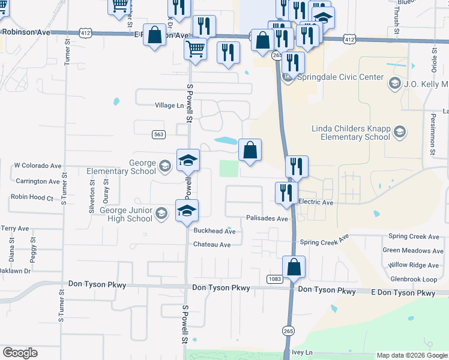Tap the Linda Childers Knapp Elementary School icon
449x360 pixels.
click(400, 132)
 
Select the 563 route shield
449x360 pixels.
click(158, 134)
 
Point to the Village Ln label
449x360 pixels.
click(169, 106)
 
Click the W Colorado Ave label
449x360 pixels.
click(38, 166)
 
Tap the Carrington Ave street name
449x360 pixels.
click(38, 181)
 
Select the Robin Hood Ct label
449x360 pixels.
click(32, 197)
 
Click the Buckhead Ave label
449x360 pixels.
click(214, 231)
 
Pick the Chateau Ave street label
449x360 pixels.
click(212, 245)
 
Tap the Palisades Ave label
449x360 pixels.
click(267, 219)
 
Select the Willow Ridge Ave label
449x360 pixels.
click(414, 265)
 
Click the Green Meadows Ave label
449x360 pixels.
click(413, 250)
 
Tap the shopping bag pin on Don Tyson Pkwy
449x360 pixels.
click(294, 266)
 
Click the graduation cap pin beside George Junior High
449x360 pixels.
click(187, 210)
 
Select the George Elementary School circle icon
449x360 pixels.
click(164, 165)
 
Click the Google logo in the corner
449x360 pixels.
click(20, 353)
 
